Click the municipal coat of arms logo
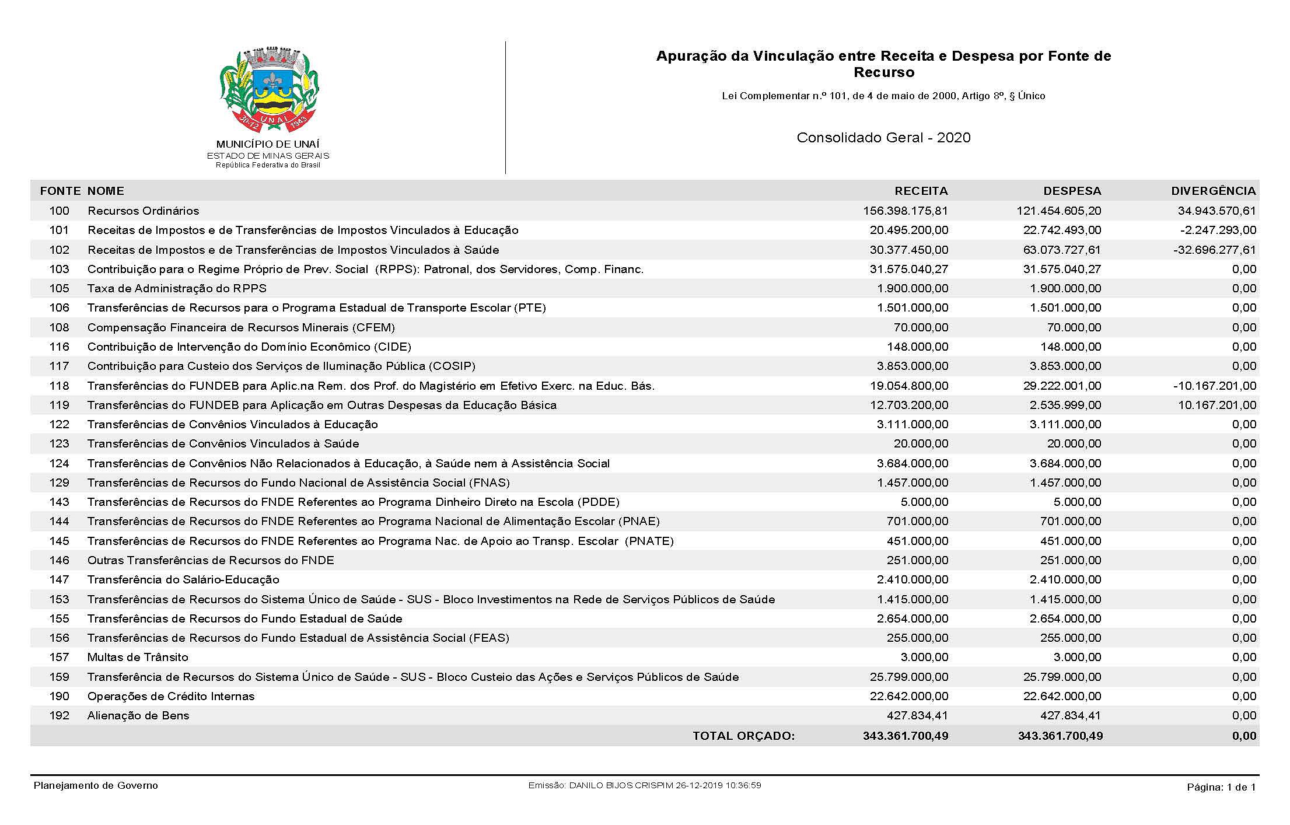(x=269, y=90)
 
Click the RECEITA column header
(x=921, y=191)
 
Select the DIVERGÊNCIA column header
(x=1213, y=191)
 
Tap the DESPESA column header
(x=1072, y=191)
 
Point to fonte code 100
(x=59, y=211)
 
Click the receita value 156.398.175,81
(x=906, y=211)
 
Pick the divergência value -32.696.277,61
(x=1215, y=250)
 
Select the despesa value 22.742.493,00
(x=1062, y=230)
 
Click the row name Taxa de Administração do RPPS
(x=177, y=288)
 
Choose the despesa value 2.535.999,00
(x=1065, y=405)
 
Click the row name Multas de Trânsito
(x=138, y=657)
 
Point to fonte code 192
(x=59, y=715)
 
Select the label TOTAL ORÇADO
(x=743, y=736)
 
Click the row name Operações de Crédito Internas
(x=171, y=696)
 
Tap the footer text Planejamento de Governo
(x=96, y=785)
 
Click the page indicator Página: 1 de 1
(x=1221, y=787)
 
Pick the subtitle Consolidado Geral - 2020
(x=883, y=138)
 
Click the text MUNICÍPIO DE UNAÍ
(x=268, y=144)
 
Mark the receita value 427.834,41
(x=917, y=715)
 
